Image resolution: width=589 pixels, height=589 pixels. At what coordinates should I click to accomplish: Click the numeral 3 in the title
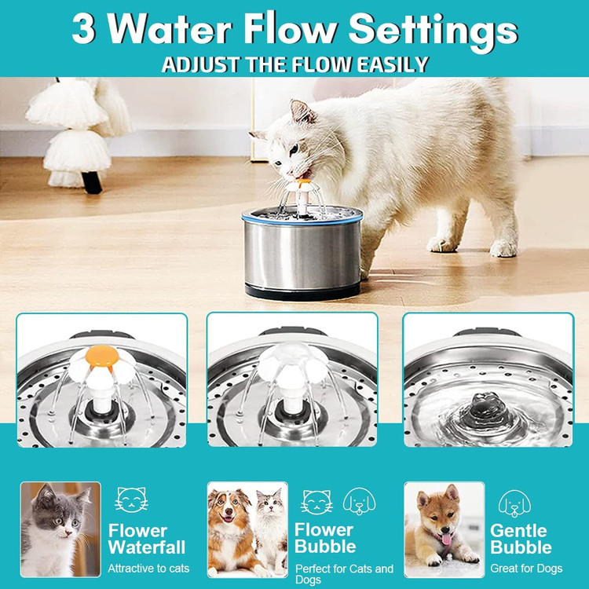coord(83,29)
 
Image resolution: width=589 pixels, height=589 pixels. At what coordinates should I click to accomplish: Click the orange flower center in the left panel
coord(102,356)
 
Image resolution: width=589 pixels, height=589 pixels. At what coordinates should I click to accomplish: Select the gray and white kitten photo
coord(60,529)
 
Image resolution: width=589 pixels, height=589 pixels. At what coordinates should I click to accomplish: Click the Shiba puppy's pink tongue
coord(446,539)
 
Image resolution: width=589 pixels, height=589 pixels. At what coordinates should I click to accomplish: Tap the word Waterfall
coord(147,547)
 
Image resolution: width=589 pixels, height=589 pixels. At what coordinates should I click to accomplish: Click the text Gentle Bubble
coord(521,539)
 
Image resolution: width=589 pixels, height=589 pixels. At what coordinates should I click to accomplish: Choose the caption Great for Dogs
coord(526,569)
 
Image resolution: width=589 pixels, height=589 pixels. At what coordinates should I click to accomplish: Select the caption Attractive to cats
coord(148,569)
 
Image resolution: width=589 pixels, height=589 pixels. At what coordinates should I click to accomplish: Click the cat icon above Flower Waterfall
coord(131,499)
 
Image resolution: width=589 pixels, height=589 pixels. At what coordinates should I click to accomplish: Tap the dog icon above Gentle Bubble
coord(514,503)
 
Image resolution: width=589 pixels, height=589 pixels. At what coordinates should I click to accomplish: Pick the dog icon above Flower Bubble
coord(359,501)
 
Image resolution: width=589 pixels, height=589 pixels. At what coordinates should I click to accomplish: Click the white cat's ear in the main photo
coord(302,111)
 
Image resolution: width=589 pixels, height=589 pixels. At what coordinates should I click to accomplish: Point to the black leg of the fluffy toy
coord(92,182)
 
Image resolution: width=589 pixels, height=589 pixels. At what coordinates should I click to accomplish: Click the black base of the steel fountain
coord(302,291)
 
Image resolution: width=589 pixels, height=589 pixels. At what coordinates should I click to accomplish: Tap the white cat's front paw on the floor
coord(442,244)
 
